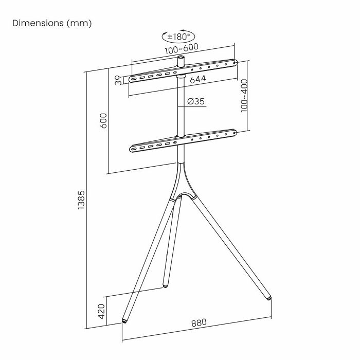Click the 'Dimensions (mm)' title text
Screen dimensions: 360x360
(x=52, y=24)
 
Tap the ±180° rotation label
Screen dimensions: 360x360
(x=178, y=37)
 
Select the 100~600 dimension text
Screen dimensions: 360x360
(x=182, y=49)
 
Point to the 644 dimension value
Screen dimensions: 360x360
(x=197, y=79)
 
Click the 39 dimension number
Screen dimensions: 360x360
(x=118, y=80)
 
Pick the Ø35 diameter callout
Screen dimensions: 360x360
(x=196, y=101)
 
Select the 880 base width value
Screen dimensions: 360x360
(x=199, y=322)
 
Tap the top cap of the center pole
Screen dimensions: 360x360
(x=182, y=60)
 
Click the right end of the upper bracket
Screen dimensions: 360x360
(x=235, y=63)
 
